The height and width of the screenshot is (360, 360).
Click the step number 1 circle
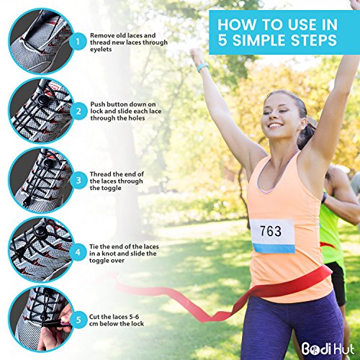[x=78, y=42]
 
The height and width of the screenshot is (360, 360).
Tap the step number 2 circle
[x=78, y=112]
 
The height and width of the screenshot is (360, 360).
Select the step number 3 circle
[x=78, y=181]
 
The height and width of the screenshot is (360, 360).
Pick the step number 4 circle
[x=78, y=253]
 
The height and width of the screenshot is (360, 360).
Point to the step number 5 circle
[x=78, y=320]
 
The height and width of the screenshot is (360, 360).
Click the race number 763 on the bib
[x=271, y=231]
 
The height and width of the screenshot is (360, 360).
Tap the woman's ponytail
[x=305, y=133]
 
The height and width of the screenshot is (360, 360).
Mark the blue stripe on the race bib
[x=274, y=248]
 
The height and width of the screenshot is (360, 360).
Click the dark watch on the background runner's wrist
[x=325, y=198]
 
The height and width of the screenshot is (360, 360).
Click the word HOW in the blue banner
[x=236, y=24]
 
